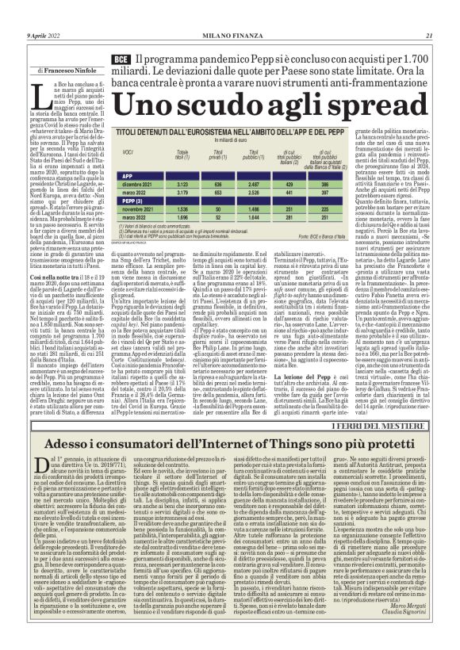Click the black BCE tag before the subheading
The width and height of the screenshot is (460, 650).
(121, 60)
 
